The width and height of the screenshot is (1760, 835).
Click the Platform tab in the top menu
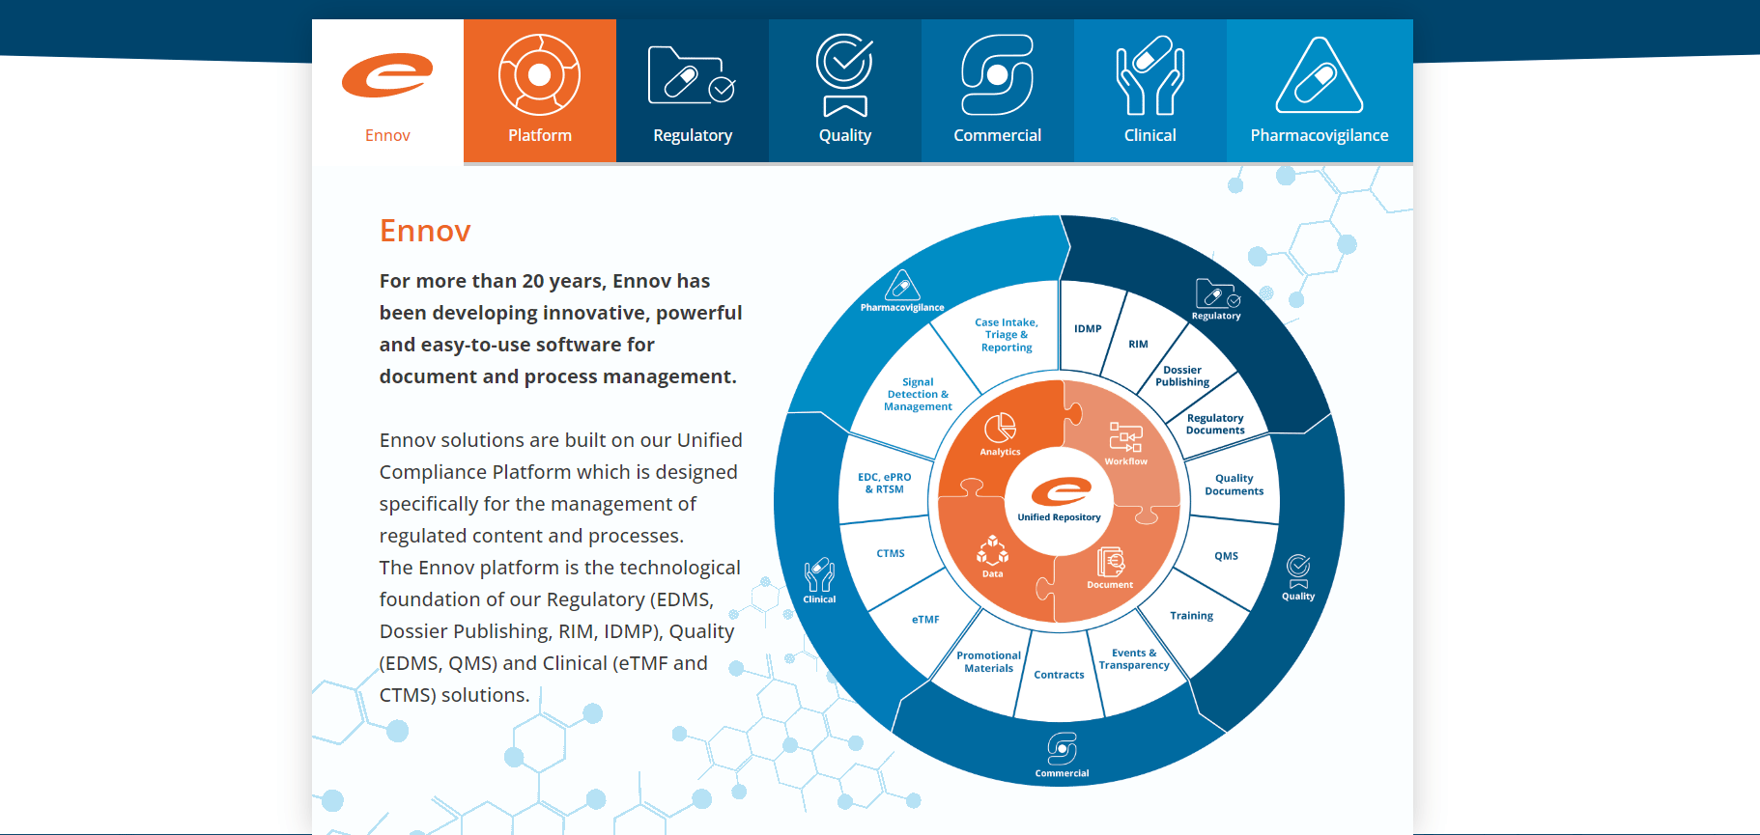click(540, 91)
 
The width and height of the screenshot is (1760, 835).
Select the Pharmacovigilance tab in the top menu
click(1320, 91)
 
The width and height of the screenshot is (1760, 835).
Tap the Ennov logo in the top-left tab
click(387, 75)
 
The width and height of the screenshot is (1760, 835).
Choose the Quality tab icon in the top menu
click(845, 74)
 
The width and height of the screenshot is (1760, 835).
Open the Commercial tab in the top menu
click(997, 91)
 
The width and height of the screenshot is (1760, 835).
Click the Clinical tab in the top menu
click(1150, 91)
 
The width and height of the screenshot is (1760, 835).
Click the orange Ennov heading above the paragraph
click(425, 231)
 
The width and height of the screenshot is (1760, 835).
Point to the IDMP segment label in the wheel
click(1088, 329)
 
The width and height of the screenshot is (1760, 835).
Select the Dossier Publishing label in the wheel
click(1182, 376)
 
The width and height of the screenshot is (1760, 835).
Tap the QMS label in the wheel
click(1226, 556)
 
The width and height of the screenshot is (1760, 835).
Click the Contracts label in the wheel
click(1059, 675)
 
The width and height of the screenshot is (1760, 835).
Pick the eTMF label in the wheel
click(925, 620)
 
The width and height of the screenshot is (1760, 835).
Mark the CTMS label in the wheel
click(891, 554)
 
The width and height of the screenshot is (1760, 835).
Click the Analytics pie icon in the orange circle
click(1000, 428)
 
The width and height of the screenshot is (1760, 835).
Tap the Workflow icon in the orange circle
click(1125, 437)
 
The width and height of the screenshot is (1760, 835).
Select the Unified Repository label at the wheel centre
click(1059, 517)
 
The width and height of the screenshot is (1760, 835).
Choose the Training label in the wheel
click(1191, 616)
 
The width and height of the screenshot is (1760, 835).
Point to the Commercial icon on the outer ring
click(1062, 748)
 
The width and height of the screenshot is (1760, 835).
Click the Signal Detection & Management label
click(918, 395)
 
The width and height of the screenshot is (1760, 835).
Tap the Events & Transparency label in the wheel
click(1134, 659)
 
